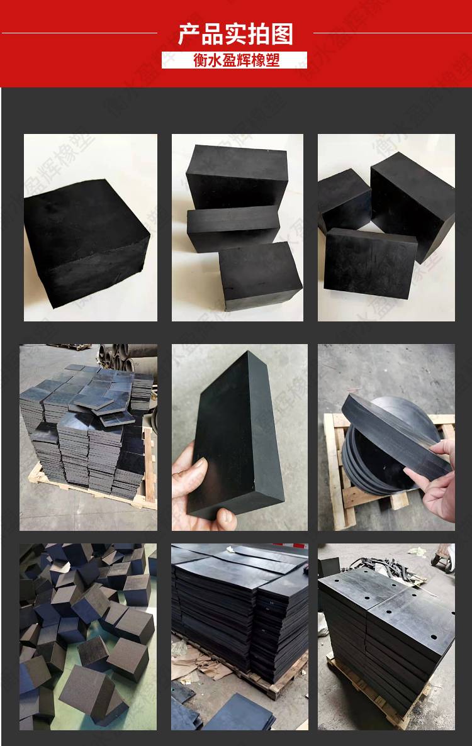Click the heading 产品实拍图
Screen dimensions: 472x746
pos(235,34)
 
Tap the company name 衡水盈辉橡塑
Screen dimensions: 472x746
pos(236,60)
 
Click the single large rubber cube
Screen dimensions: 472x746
pos(87,243)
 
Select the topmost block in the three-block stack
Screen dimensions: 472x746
pos(237,177)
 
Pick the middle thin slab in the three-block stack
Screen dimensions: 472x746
pos(233,228)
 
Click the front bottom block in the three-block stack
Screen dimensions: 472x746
pos(260,275)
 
